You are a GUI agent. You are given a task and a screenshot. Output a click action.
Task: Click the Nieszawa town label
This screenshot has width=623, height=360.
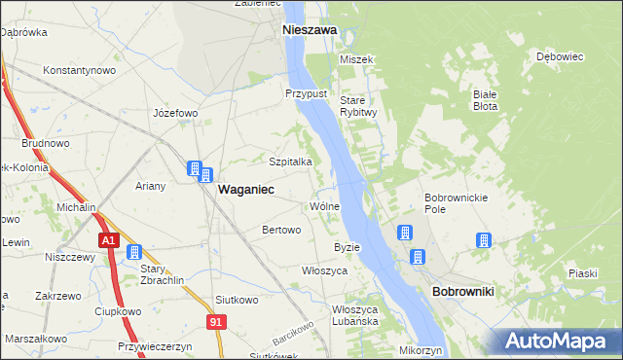(x=310, y=30)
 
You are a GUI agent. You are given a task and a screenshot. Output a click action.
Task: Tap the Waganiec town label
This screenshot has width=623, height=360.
(x=244, y=191)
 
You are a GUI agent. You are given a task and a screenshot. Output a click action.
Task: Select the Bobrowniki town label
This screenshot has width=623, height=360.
(x=463, y=292)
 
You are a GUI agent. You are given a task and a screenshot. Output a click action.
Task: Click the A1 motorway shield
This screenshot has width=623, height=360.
(x=107, y=240)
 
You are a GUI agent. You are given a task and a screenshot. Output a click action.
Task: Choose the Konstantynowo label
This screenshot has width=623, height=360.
(x=80, y=70)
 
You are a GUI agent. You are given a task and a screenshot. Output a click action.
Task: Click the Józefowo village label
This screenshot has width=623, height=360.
(x=175, y=113)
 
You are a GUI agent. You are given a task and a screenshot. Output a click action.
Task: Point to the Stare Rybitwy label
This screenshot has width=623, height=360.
(x=358, y=106)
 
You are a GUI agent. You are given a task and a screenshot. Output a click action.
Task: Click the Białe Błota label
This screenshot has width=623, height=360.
(x=486, y=100)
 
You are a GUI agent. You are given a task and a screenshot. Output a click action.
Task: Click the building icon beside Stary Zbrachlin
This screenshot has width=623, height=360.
(x=133, y=252)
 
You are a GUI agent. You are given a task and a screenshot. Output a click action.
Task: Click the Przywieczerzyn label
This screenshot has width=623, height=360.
(x=156, y=345)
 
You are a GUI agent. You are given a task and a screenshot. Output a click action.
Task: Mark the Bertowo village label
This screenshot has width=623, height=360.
(x=281, y=230)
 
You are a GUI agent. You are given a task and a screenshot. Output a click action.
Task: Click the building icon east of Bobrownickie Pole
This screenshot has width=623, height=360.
(x=483, y=240)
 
